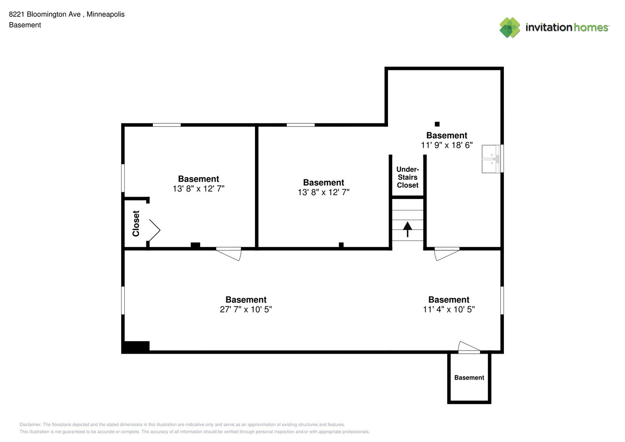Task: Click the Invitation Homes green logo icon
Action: tap(510, 27)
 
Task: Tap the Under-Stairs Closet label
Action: tap(408, 177)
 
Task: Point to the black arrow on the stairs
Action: tap(408, 229)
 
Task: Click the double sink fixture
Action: tap(491, 159)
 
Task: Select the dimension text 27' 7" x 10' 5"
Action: tap(246, 309)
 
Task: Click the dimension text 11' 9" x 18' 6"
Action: tap(447, 145)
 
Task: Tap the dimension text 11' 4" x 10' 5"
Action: tap(449, 309)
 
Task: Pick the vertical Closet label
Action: tap(136, 224)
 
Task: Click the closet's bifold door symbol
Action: tap(155, 230)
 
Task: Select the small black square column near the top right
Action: tap(437, 124)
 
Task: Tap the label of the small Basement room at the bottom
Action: tap(469, 377)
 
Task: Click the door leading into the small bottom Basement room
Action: tap(469, 347)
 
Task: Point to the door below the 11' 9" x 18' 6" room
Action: tap(447, 254)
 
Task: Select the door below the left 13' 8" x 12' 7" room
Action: tap(229, 254)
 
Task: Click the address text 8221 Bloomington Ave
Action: tap(45, 14)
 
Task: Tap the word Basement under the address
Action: tap(25, 25)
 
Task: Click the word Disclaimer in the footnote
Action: tap(30, 424)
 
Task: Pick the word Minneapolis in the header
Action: tap(106, 14)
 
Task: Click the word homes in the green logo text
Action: tap(591, 27)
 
